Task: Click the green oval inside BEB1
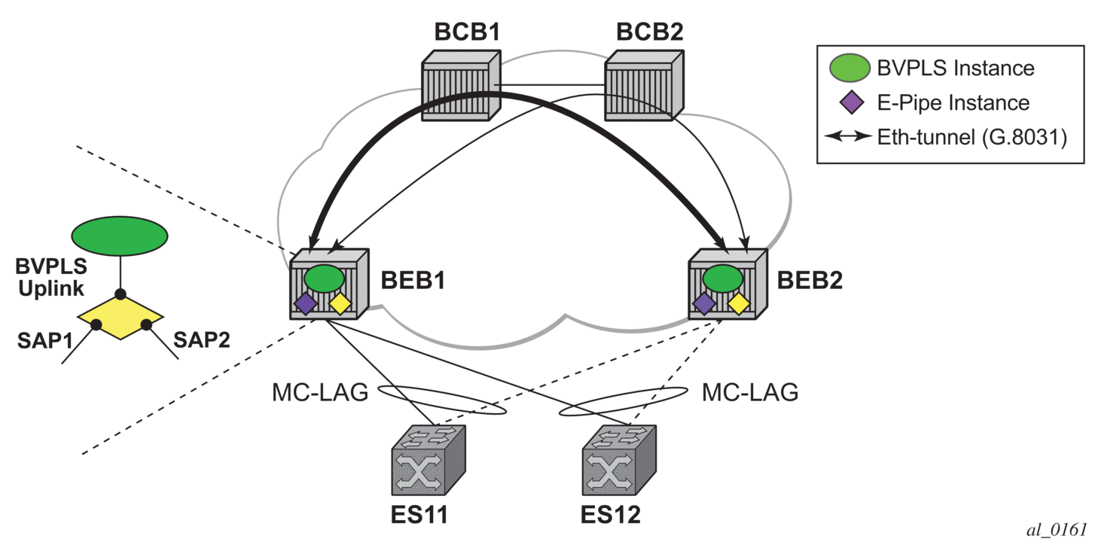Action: pyautogui.click(x=325, y=278)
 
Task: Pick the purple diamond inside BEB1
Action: pyautogui.click(x=305, y=303)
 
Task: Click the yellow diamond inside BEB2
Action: pyautogui.click(x=739, y=303)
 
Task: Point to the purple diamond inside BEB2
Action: pyautogui.click(x=703, y=303)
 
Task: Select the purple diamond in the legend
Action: pyautogui.click(x=849, y=102)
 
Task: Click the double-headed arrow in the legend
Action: pyautogui.click(x=848, y=138)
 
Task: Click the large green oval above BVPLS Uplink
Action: pyautogui.click(x=119, y=236)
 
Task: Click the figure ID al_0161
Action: pyautogui.click(x=1057, y=530)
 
